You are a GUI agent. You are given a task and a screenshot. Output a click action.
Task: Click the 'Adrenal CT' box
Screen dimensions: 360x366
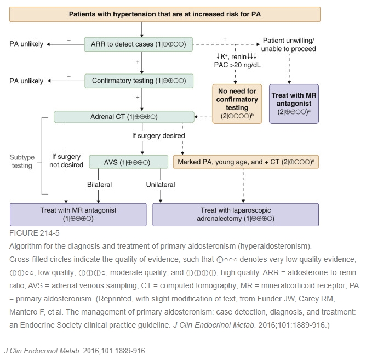click(124, 117)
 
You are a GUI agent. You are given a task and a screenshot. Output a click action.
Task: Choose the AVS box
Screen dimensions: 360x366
click(128, 162)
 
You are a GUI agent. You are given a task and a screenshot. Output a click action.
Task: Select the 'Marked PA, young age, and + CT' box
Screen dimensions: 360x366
click(246, 162)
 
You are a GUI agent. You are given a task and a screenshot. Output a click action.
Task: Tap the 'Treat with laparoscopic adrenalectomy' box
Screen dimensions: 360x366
click(236, 214)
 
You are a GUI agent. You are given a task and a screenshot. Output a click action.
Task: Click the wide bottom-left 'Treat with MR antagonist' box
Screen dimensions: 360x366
click(78, 214)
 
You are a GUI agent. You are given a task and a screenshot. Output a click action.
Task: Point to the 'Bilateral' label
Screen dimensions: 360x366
click(99, 185)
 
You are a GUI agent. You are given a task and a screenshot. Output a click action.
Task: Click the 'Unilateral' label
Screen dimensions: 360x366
click(161, 185)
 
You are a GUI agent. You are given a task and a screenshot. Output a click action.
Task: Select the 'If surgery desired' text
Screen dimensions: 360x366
click(158, 135)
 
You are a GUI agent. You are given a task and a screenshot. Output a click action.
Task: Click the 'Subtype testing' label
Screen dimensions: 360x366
click(22, 162)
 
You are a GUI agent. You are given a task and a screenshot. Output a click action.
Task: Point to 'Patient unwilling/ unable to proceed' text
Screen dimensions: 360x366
click(289, 44)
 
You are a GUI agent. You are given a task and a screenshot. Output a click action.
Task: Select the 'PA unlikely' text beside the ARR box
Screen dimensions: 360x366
click(26, 44)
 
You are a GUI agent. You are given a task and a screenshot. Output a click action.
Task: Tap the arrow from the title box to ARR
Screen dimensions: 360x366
click(142, 29)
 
